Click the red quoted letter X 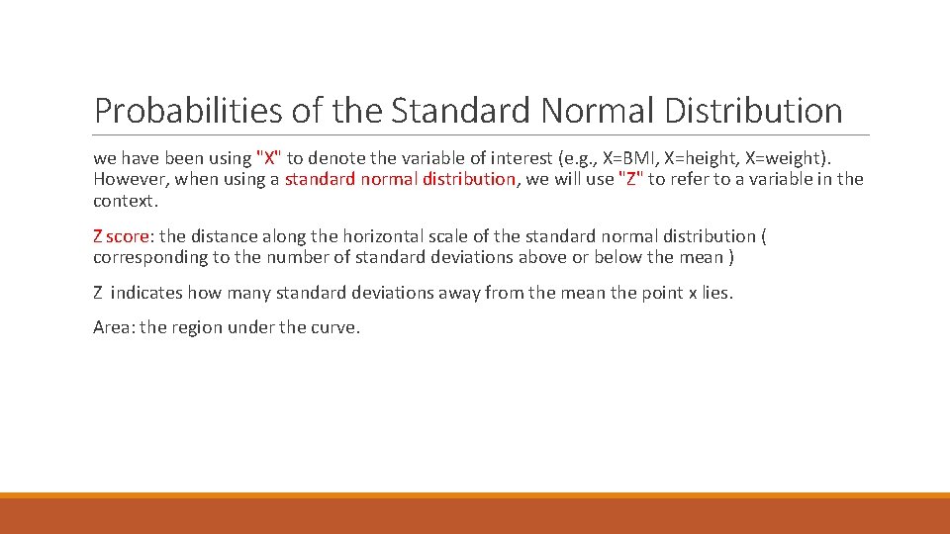coord(267,157)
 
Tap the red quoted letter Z coord(629,179)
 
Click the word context coord(125,201)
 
